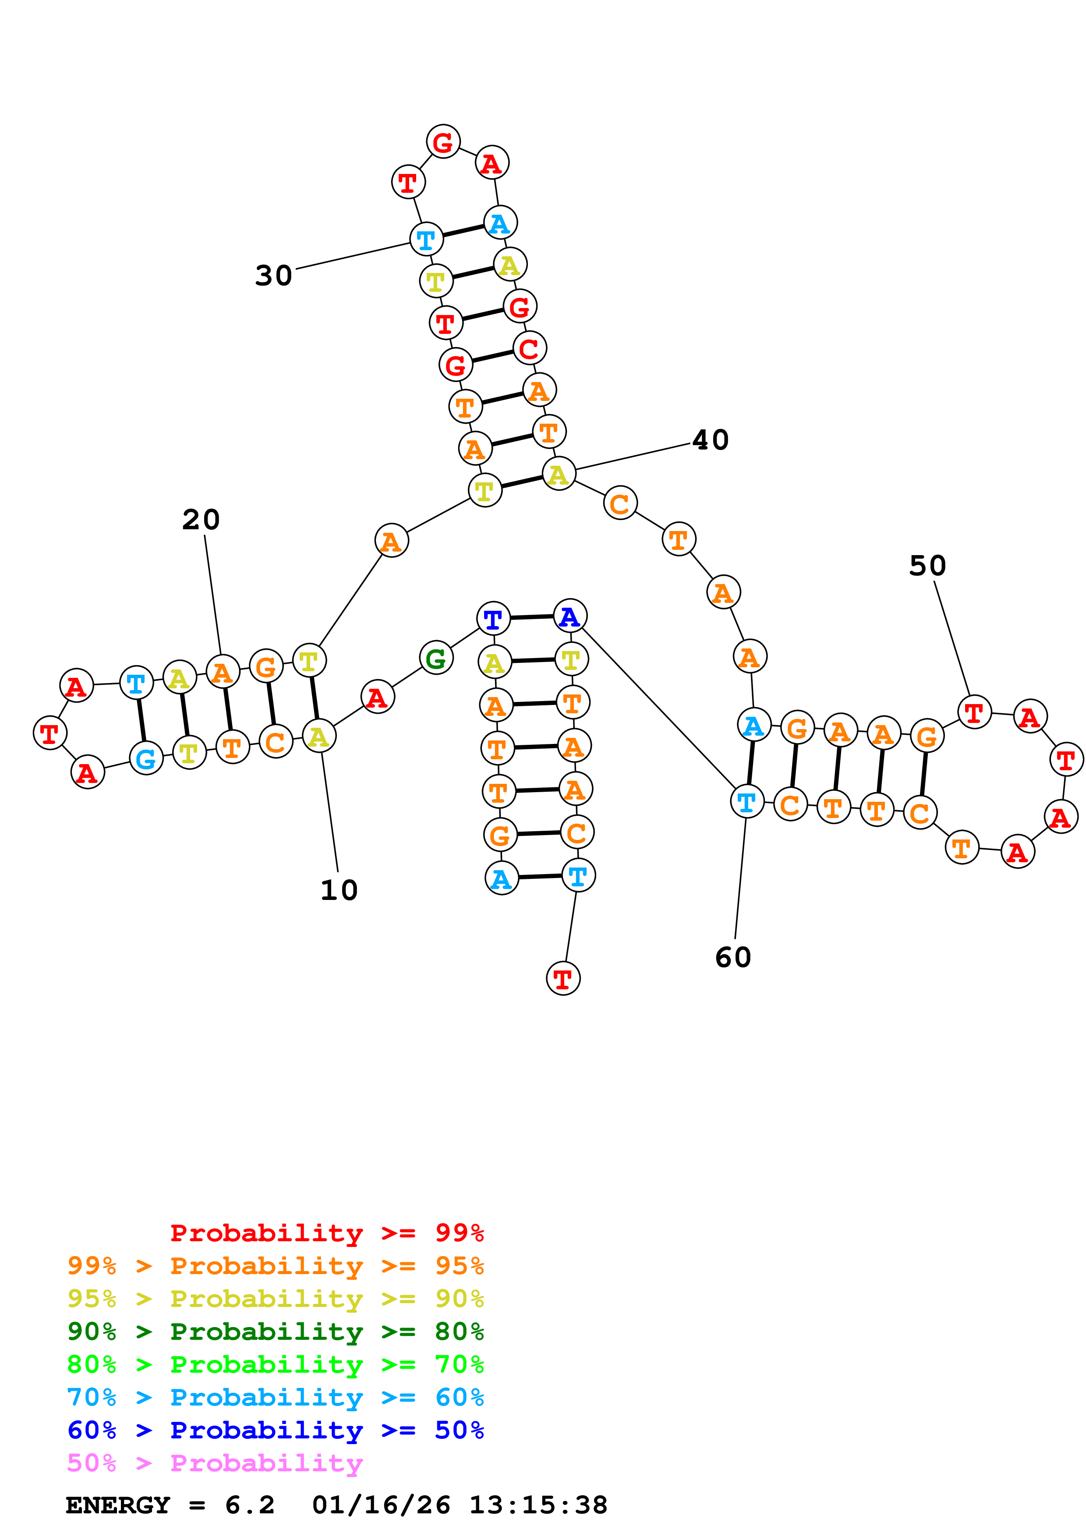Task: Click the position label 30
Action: point(274,275)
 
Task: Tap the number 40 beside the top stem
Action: point(710,440)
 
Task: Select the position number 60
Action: point(733,957)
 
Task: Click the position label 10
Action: point(339,890)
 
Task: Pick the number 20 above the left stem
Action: point(201,520)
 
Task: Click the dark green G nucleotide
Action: point(435,659)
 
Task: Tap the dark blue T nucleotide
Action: point(493,619)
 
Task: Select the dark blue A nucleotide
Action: point(570,616)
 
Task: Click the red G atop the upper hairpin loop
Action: point(443,142)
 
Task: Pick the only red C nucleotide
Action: point(529,348)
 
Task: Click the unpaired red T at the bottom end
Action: point(563,979)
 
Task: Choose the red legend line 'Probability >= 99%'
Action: point(326,1232)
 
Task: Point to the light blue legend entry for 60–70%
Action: point(275,1397)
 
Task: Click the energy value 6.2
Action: point(250,1505)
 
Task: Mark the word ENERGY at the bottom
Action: point(118,1505)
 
